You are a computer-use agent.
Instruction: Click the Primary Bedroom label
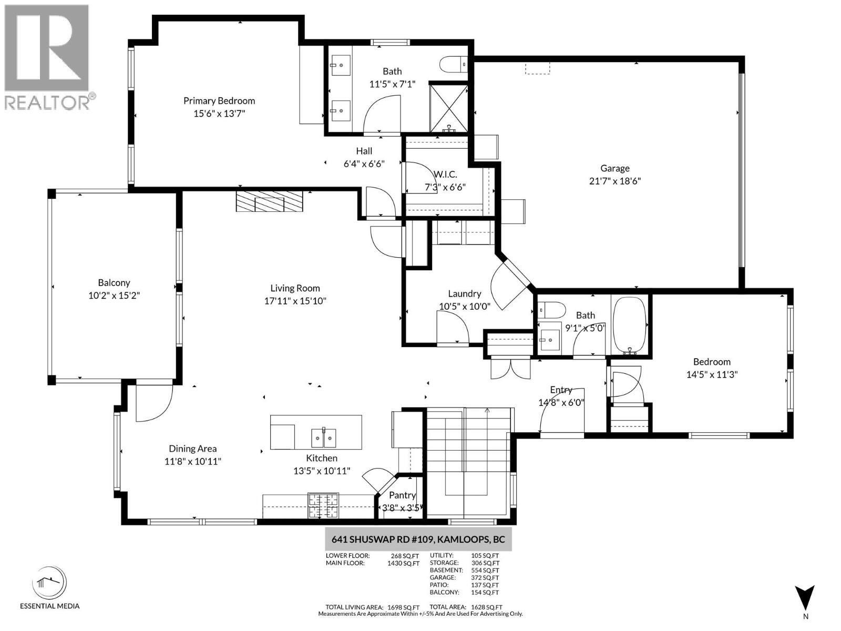click(219, 100)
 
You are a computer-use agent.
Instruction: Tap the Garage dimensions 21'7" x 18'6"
click(614, 181)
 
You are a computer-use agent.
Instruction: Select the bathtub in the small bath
click(630, 326)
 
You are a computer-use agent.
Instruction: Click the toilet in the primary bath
click(453, 64)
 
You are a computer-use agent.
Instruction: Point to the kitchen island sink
click(323, 437)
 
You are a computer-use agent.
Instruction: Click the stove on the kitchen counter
click(323, 506)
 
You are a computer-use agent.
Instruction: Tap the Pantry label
click(402, 495)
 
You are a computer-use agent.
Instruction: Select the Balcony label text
click(114, 283)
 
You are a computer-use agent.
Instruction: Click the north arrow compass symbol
click(805, 599)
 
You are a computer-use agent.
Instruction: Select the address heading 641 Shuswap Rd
click(418, 540)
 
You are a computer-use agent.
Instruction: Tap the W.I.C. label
click(445, 174)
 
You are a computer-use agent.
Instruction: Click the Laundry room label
click(464, 293)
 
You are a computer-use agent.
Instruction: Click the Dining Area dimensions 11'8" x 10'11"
click(192, 462)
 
